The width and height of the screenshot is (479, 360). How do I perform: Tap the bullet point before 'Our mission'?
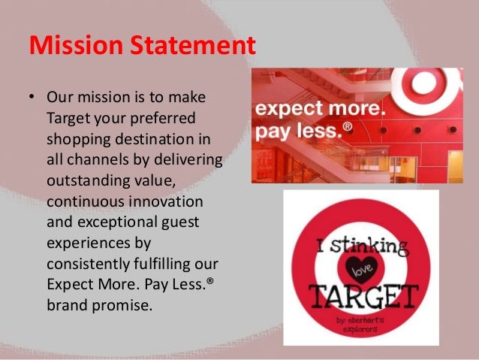[33, 98]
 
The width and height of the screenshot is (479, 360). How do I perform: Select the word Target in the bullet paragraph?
[67, 118]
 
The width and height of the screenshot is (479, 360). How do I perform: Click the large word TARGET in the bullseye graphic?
[360, 296]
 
